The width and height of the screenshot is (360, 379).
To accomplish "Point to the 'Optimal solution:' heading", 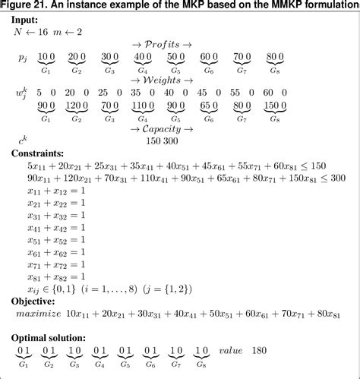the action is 48,337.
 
